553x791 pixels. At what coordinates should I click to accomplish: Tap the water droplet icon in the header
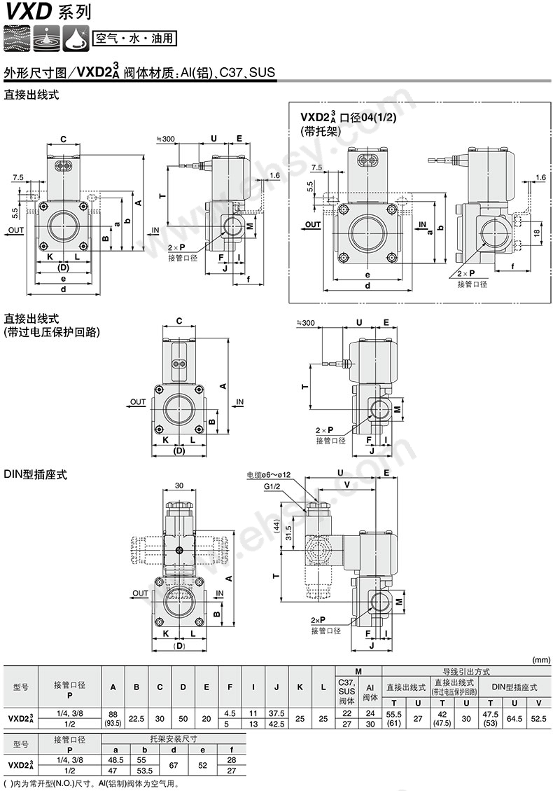48,38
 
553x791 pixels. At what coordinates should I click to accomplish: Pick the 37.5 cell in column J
276,713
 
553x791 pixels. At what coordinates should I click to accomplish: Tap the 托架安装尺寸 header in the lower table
174,738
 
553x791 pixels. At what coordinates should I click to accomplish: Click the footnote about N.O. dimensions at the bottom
83,783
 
